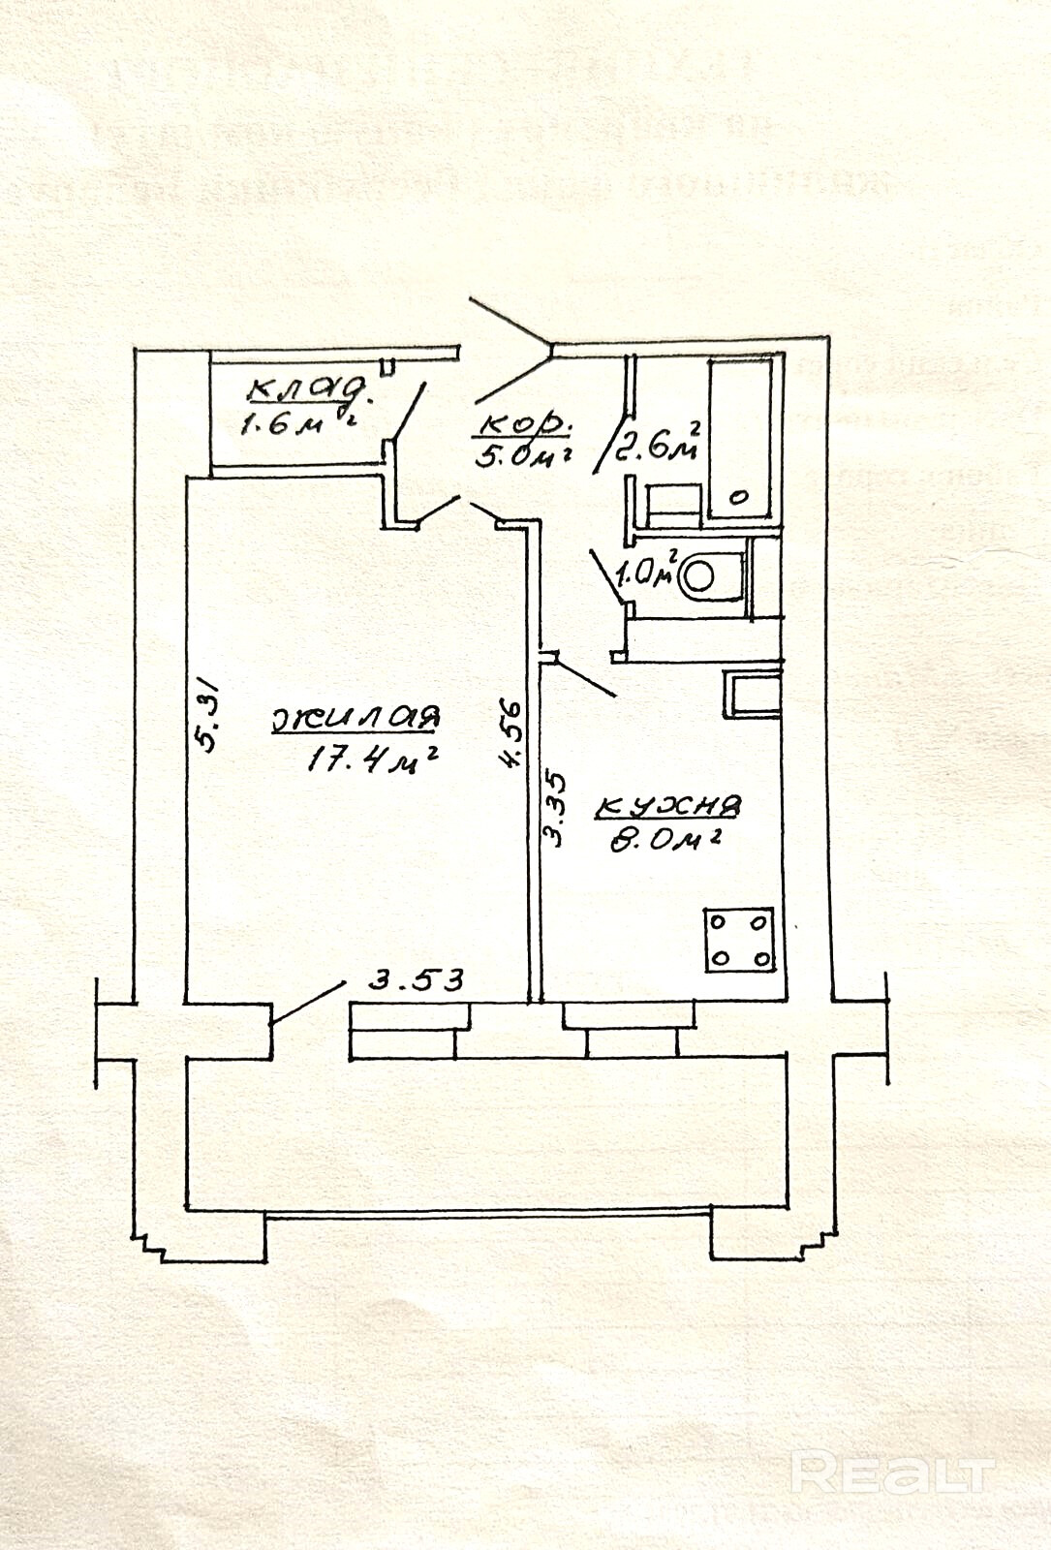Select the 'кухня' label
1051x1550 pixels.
coord(669,805)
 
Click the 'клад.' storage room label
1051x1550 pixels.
coord(310,389)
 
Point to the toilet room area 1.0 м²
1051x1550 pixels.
coord(643,572)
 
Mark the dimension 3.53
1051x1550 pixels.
coord(417,979)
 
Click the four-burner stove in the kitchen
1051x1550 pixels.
coord(740,939)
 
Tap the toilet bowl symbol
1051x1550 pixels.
coord(704,576)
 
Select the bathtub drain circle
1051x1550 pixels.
coord(738,498)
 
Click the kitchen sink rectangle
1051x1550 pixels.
coord(752,694)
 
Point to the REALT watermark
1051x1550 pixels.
coord(891,1474)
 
